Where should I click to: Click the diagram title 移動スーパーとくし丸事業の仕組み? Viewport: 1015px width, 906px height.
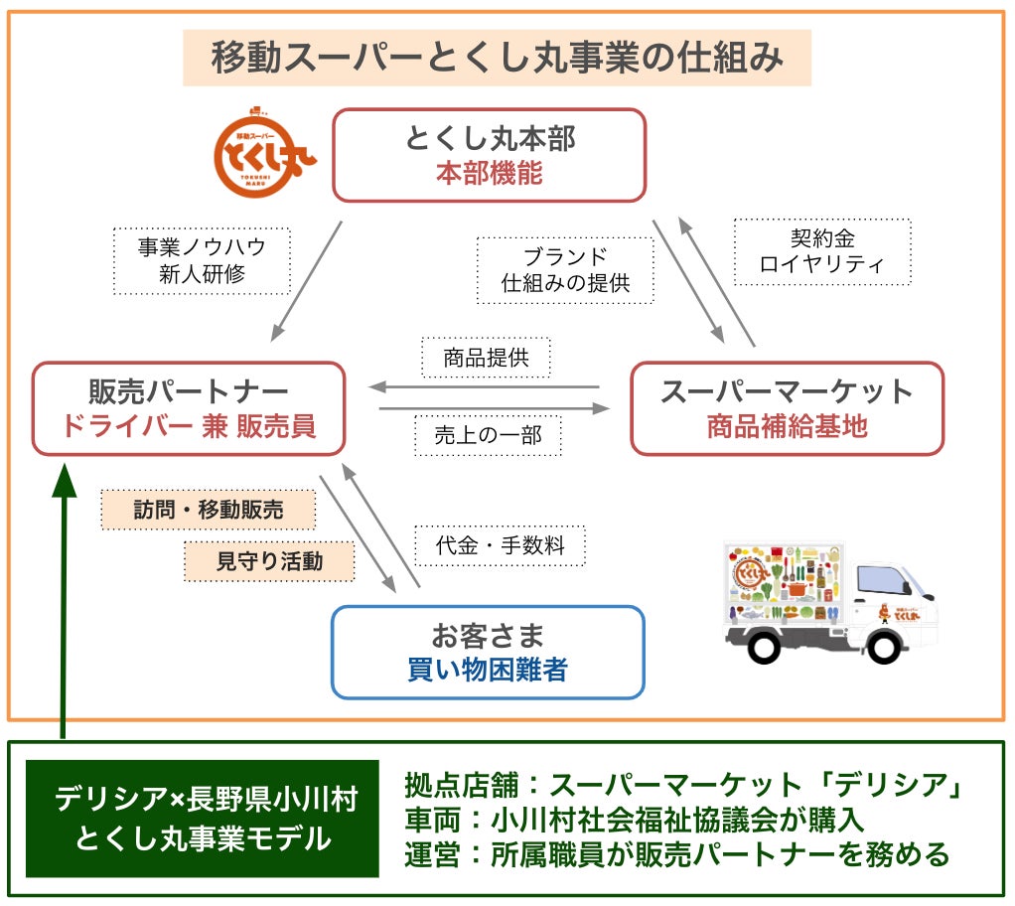pyautogui.click(x=497, y=58)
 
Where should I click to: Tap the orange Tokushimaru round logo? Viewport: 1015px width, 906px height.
pyautogui.click(x=262, y=156)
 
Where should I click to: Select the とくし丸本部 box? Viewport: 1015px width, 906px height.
pyautogui.click(x=489, y=155)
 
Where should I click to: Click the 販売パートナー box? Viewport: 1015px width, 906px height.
pyautogui.click(x=189, y=408)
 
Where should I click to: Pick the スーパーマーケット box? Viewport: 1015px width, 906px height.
pyautogui.click(x=787, y=408)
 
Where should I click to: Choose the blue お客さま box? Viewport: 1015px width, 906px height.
pyautogui.click(x=488, y=652)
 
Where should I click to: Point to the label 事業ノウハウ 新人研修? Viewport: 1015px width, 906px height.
pyautogui.click(x=202, y=260)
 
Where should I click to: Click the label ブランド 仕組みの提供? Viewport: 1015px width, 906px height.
pyautogui.click(x=565, y=269)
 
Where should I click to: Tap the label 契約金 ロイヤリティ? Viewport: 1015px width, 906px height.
pyautogui.click(x=821, y=252)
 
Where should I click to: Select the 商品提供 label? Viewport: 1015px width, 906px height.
pyautogui.click(x=486, y=358)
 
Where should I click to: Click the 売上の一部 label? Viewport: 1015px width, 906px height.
pyautogui.click(x=486, y=435)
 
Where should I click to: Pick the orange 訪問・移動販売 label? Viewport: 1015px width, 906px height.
pyautogui.click(x=209, y=510)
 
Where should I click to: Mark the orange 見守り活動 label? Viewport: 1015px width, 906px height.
pyautogui.click(x=269, y=561)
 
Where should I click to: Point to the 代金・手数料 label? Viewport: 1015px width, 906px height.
pyautogui.click(x=500, y=545)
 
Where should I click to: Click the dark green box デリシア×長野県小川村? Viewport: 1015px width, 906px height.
pyautogui.click(x=203, y=819)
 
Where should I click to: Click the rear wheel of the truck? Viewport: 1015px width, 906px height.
pyautogui.click(x=764, y=647)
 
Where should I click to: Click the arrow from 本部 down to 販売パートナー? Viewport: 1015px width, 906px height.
pyautogui.click(x=306, y=279)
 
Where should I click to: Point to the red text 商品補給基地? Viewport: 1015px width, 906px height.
pyautogui.click(x=787, y=426)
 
